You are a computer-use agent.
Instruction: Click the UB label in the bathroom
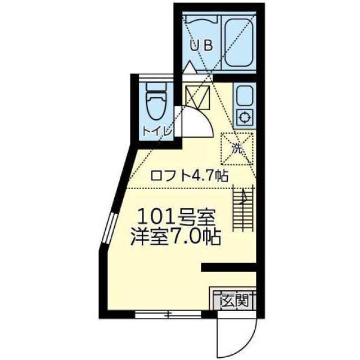201,46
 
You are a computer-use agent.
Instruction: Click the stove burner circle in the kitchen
245,118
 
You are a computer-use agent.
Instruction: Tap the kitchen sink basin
245,96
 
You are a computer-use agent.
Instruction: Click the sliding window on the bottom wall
166,314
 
